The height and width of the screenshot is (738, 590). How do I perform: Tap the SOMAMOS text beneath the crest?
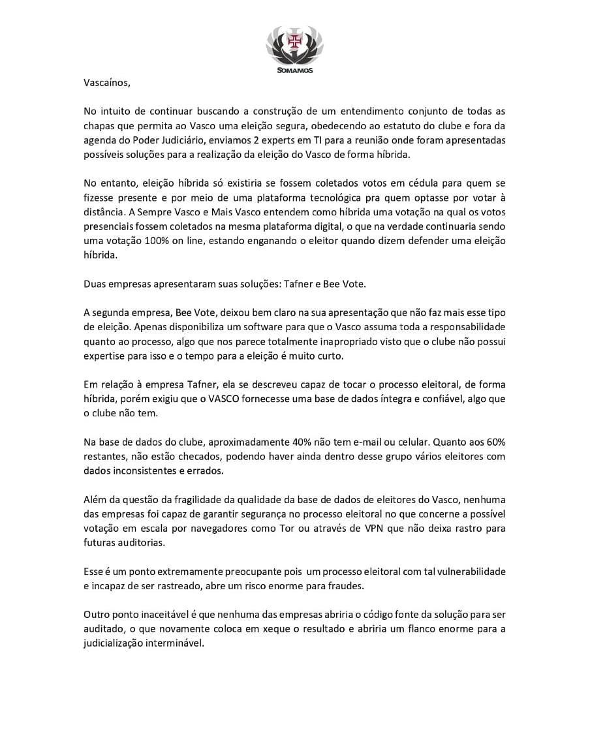pos(294,70)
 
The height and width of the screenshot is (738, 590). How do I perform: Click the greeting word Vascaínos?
pos(107,83)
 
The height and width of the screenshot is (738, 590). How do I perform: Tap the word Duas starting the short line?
pos(95,284)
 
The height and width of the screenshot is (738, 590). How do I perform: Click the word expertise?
pos(104,356)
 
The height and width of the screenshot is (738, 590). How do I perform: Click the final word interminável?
pos(175,643)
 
